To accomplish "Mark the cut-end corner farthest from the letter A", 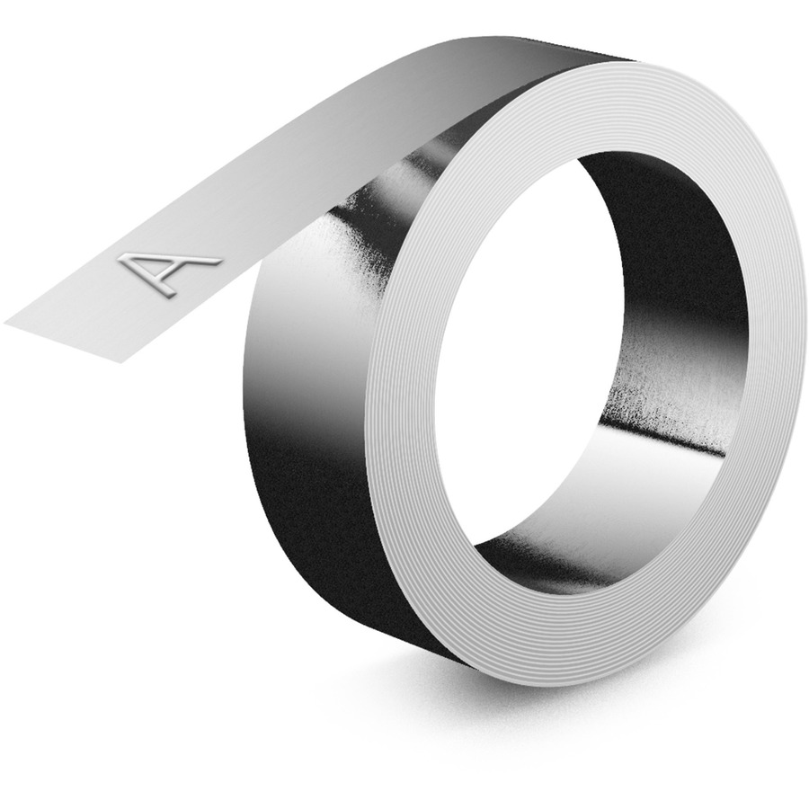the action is [x=121, y=363].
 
